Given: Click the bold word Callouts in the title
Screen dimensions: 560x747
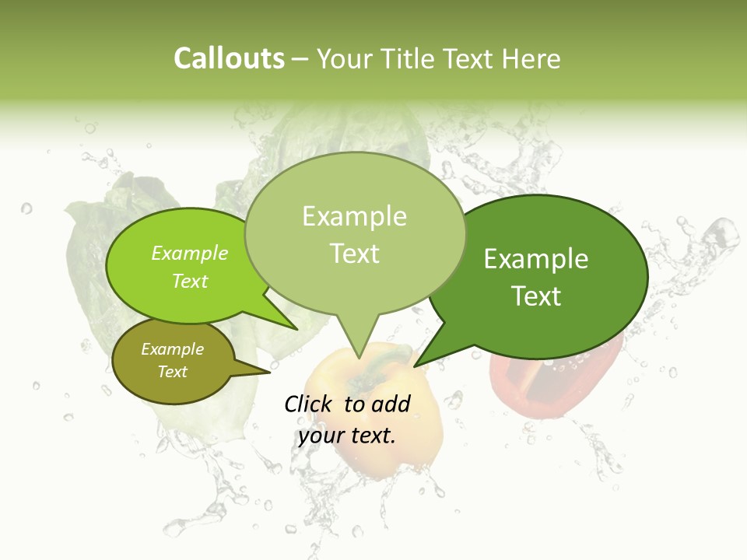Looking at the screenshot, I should point(229,58).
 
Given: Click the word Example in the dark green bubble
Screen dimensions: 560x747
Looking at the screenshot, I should point(536,259).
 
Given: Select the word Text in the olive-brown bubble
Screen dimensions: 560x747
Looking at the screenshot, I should point(173,372).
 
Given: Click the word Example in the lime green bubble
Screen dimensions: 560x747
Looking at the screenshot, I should point(190,254).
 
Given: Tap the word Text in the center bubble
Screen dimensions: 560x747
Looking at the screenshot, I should point(355,254).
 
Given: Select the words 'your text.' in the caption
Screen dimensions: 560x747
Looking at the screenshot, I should point(347,436).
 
